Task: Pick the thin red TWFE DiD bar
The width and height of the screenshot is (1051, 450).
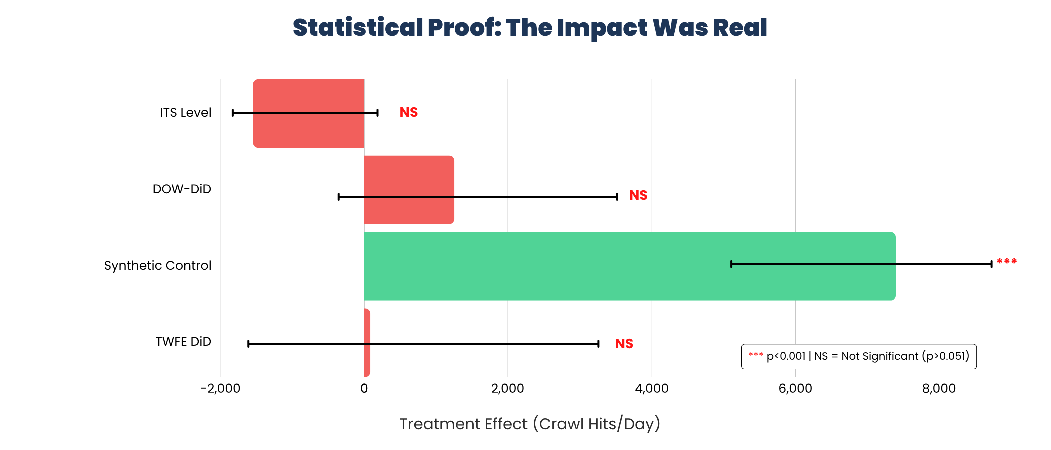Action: coord(367,360)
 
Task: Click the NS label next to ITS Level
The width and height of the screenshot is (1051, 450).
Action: coord(408,112)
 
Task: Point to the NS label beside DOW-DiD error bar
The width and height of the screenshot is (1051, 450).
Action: coord(638,195)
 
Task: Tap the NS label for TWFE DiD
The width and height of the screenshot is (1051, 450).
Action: coord(624,344)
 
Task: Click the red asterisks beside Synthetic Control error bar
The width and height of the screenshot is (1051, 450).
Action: coord(1006,262)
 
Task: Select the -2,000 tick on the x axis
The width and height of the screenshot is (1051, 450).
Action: coord(220,388)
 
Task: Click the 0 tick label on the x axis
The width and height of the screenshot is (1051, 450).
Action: coord(364,388)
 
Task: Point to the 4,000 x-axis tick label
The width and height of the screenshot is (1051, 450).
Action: coord(651,388)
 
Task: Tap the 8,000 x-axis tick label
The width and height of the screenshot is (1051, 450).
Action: coord(938,388)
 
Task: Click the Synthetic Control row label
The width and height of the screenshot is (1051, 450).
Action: coord(158,265)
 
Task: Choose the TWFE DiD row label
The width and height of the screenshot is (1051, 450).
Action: coord(183,341)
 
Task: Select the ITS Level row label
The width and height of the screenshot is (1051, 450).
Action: coord(185,112)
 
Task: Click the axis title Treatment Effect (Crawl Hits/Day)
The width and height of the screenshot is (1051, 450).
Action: coord(530,424)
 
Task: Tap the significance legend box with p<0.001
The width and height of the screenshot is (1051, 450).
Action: coord(858,356)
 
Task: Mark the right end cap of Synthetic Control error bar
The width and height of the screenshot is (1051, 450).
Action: coord(991,264)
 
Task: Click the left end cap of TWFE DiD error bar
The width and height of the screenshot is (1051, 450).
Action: coord(248,344)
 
